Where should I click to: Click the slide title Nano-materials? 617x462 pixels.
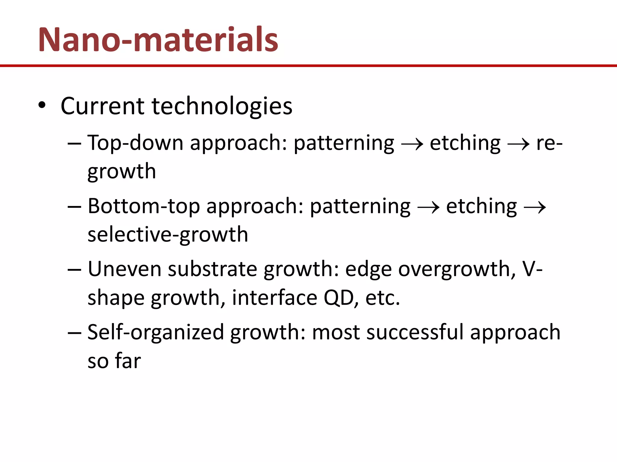(x=158, y=40)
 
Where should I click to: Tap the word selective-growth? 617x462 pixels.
(x=168, y=235)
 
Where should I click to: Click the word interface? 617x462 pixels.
(x=274, y=298)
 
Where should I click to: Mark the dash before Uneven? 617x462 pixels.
(x=74, y=269)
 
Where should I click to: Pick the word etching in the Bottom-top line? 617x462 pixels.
(x=481, y=206)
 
